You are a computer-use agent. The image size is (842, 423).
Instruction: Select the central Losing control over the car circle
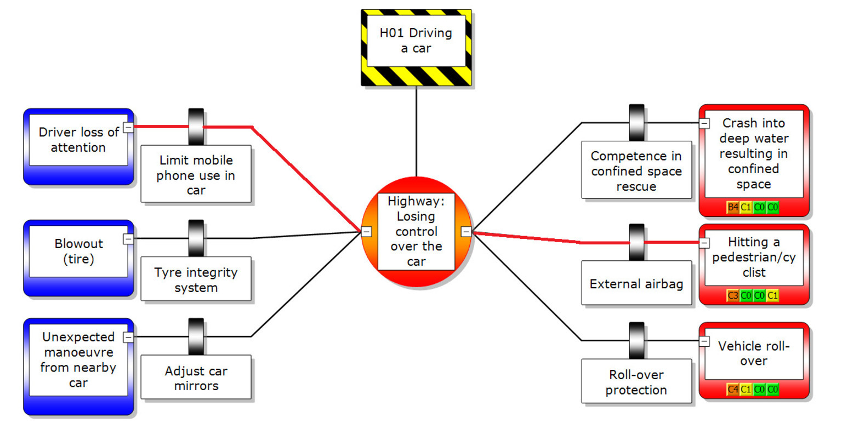[x=416, y=231]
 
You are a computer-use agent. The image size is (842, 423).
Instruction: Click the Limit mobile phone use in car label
[x=196, y=175]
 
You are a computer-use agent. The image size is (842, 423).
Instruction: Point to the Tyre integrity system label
[x=196, y=280]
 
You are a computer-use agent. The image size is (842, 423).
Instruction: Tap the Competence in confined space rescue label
[x=636, y=171]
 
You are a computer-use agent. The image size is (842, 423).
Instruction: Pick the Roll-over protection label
[x=636, y=382]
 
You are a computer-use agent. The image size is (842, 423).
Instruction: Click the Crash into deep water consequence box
[x=753, y=153]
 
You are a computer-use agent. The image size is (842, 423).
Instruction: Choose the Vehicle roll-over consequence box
[x=753, y=353]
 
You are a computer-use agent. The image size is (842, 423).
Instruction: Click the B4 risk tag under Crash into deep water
[x=732, y=207]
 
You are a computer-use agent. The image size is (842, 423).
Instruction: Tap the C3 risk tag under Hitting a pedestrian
[x=732, y=295]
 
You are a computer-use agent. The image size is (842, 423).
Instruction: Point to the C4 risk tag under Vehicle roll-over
[x=732, y=390]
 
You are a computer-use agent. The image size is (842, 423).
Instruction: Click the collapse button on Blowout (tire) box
[x=128, y=239]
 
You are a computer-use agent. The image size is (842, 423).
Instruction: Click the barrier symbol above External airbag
[x=636, y=241]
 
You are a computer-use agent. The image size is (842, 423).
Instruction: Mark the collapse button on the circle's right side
[x=465, y=231]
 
